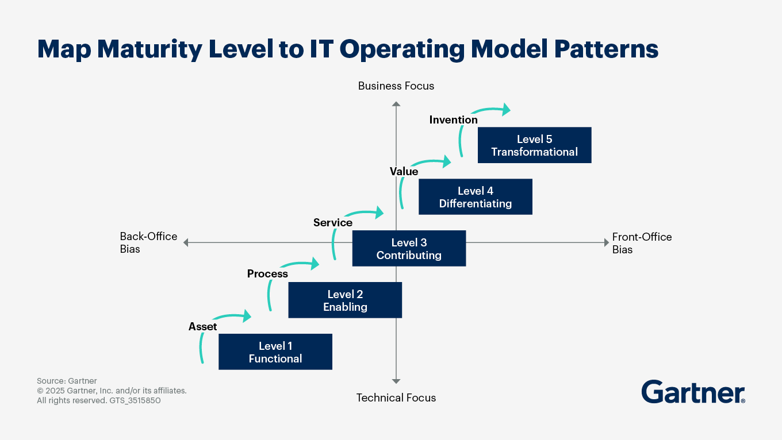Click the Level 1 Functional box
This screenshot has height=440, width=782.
[x=275, y=352]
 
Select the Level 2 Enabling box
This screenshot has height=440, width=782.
[x=345, y=300]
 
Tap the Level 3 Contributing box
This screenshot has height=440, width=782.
[x=409, y=249]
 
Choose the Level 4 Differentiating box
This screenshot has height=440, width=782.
[x=476, y=197]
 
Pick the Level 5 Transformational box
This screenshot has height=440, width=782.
[x=535, y=145]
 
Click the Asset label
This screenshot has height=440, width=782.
[x=203, y=327]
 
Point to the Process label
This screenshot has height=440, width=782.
[x=267, y=274]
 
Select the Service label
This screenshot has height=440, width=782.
[x=333, y=222]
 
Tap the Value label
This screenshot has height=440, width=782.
[x=404, y=171]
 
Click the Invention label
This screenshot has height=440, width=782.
[x=454, y=119]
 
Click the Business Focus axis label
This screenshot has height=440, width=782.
[x=396, y=86]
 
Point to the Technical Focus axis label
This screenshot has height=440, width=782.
[x=396, y=398]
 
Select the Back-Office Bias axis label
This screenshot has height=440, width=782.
[x=148, y=242]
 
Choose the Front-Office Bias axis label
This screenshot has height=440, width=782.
[x=642, y=243]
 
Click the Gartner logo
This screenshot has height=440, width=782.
[x=693, y=392]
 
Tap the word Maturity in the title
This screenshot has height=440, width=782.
[x=149, y=49]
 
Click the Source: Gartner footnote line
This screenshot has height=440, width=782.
[x=67, y=381]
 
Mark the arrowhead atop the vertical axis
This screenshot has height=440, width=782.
[x=396, y=104]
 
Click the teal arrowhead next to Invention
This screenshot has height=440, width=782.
[x=506, y=110]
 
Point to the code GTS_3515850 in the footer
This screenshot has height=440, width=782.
[x=135, y=400]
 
